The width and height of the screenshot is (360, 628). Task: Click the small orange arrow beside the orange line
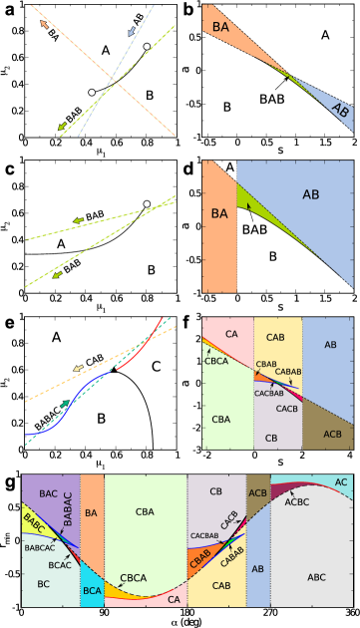[x=43, y=23]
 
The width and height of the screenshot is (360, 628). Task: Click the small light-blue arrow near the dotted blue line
[x=129, y=33]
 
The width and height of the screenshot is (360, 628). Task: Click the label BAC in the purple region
[x=48, y=493]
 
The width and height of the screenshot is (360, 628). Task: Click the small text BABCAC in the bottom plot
[x=39, y=547]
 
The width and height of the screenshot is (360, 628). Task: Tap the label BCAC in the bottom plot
[x=61, y=565]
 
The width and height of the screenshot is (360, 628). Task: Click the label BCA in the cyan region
[x=92, y=590]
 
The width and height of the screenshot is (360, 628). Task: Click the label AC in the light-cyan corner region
[x=341, y=481]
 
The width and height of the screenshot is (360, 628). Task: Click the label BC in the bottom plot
[x=43, y=583]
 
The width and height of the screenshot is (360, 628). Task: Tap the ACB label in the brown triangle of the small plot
[x=333, y=434]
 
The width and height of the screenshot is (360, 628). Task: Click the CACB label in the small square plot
[x=287, y=409]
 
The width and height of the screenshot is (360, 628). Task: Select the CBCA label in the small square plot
[x=216, y=361]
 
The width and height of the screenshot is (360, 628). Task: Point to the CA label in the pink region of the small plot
[x=232, y=334]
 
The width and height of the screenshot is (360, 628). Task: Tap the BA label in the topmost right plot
[x=221, y=28]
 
